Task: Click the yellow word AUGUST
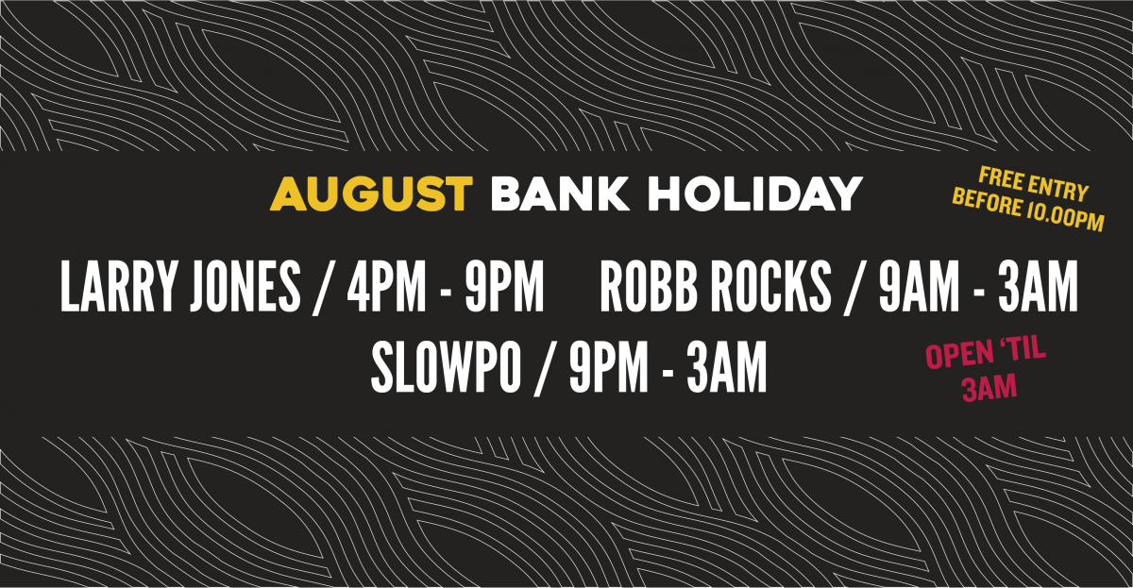(x=371, y=193)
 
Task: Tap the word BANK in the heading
(x=560, y=193)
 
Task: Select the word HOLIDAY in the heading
(x=755, y=193)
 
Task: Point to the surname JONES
(x=245, y=286)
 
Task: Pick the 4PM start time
(x=387, y=286)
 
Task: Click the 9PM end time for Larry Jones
(x=504, y=286)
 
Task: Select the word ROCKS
(x=770, y=286)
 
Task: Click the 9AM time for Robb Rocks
(x=919, y=286)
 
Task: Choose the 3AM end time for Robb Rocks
(x=1038, y=286)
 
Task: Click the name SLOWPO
(x=446, y=367)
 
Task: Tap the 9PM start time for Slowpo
(x=608, y=367)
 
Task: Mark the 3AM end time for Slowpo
(x=726, y=367)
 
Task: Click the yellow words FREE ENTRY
(x=1033, y=185)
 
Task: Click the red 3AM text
(x=989, y=388)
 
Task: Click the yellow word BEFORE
(x=987, y=203)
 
